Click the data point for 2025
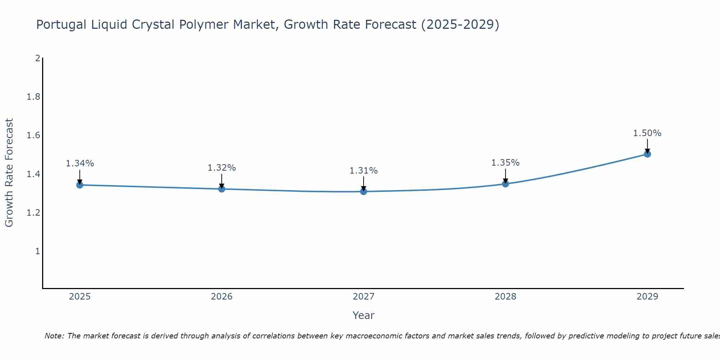click(80, 185)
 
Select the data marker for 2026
click(222, 189)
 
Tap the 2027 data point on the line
click(364, 191)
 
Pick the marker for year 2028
click(505, 184)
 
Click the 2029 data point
click(647, 154)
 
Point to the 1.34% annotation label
click(80, 163)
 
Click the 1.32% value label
click(222, 168)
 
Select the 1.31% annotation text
click(364, 171)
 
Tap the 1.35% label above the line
click(505, 163)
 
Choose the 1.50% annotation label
click(647, 133)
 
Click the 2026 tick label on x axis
click(222, 297)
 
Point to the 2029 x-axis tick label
click(647, 297)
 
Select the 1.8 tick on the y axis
click(33, 97)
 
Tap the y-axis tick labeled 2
click(37, 58)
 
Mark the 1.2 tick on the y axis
click(33, 213)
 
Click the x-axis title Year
click(364, 315)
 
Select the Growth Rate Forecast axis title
click(9, 173)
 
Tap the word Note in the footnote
click(54, 336)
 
